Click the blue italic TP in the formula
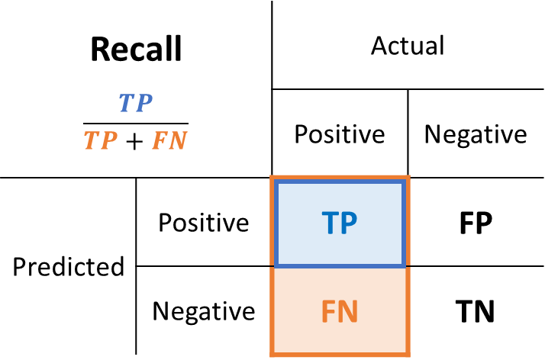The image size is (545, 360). [x=135, y=104]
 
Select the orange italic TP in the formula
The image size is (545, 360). [x=100, y=141]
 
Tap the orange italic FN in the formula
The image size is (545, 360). [x=169, y=141]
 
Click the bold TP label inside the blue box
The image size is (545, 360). [x=340, y=223]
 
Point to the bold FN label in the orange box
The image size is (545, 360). [x=340, y=312]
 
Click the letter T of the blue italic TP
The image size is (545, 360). [x=126, y=104]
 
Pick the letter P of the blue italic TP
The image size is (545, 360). [x=144, y=104]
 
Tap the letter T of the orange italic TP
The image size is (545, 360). [x=91, y=141]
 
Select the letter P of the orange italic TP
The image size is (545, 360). [x=109, y=141]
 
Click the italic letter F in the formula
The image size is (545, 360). [x=160, y=141]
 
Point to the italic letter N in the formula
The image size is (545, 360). [x=179, y=141]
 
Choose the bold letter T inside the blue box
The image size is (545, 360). [x=330, y=223]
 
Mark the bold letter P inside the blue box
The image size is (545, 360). [x=349, y=223]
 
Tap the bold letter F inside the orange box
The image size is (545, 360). [x=328, y=312]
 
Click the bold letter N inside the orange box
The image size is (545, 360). [x=349, y=312]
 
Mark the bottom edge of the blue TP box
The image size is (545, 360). [x=340, y=265]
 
